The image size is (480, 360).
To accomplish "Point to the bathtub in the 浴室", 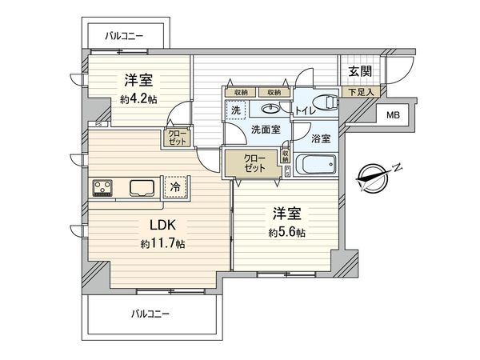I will tap(316, 165).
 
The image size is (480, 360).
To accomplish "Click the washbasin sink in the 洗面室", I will tap(273, 104).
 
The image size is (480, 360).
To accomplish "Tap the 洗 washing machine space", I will tap(237, 110).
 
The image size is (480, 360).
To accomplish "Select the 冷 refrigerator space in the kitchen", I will tap(174, 186).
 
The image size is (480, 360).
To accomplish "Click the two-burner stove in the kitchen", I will tap(104, 188).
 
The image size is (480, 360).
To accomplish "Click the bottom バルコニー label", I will tap(150, 314).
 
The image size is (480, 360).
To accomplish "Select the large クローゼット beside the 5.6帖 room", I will tap(252, 163).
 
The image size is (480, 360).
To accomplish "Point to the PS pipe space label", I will tap(98, 124).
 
